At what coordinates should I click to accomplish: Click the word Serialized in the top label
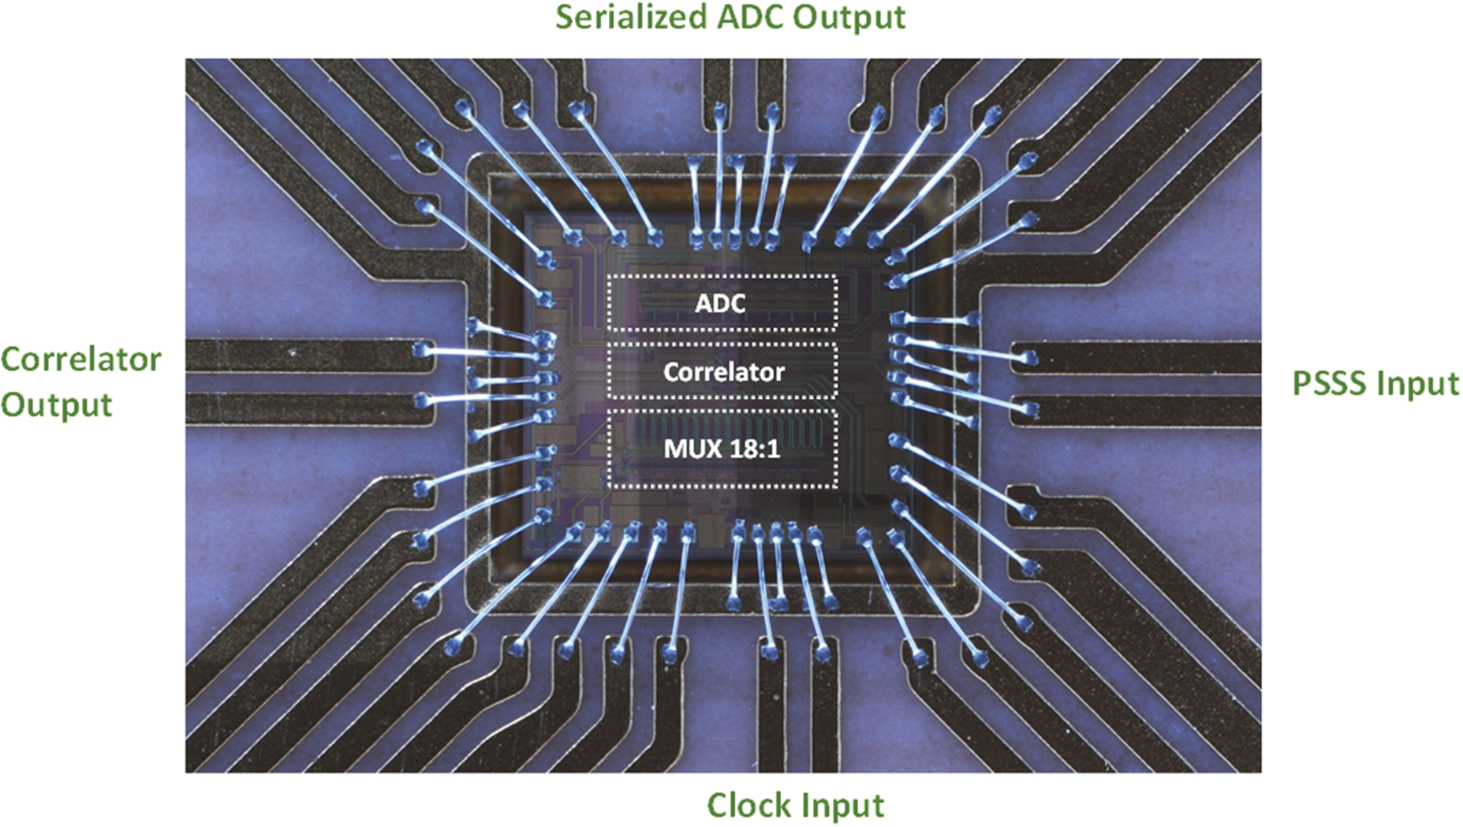coord(620,17)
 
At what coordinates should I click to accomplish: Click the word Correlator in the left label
coord(80,359)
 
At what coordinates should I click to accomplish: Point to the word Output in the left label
coord(56,405)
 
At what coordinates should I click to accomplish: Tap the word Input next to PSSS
coord(1417,385)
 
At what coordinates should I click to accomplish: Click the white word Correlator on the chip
coord(723,371)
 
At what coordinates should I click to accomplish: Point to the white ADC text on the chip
coord(720,304)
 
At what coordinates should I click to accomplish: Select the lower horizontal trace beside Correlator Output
coord(300,408)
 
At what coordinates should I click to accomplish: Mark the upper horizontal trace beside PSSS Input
coord(1144,357)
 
